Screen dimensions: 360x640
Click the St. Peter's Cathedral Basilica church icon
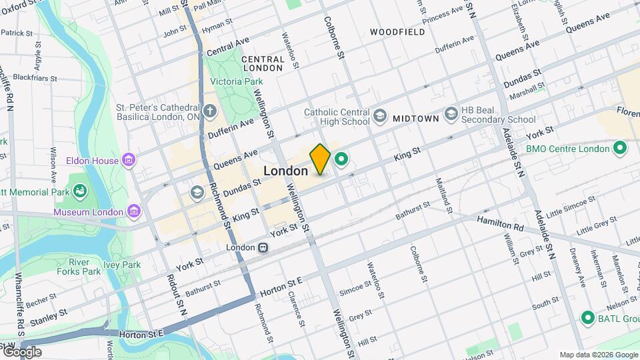click(x=210, y=111)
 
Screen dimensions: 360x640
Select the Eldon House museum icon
click(x=129, y=160)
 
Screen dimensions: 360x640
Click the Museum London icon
click(x=134, y=211)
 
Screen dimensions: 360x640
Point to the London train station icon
click(x=264, y=247)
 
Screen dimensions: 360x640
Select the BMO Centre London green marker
click(x=619, y=148)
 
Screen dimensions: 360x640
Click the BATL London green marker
click(x=587, y=317)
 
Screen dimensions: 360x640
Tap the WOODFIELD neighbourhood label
click(x=397, y=32)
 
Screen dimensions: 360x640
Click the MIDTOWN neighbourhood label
click(x=415, y=119)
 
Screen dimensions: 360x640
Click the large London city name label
click(x=285, y=171)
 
